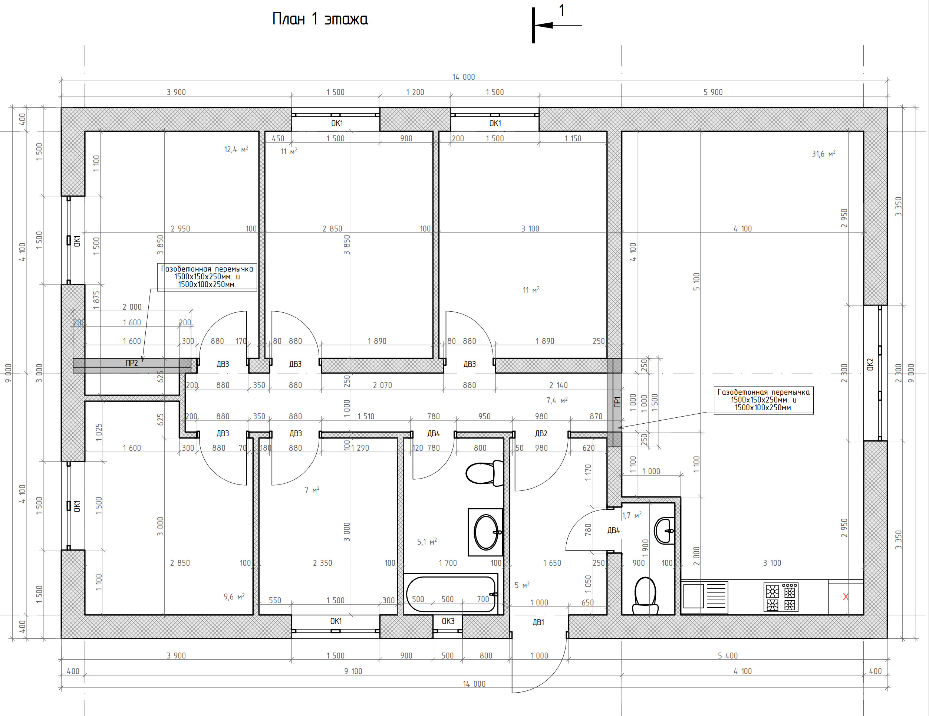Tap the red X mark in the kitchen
point(846,597)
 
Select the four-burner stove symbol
point(781,597)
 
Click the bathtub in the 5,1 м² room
point(451,594)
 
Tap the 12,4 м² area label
point(236,150)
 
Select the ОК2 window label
point(870,364)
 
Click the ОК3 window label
point(448,621)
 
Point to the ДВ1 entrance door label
point(538,623)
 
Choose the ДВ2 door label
point(541,434)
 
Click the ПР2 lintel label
point(132,363)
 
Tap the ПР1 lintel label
point(617,402)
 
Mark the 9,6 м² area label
point(234,597)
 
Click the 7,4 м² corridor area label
point(557,400)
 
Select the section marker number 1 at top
point(561,10)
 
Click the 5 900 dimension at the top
point(713,92)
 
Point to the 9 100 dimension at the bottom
point(353,671)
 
